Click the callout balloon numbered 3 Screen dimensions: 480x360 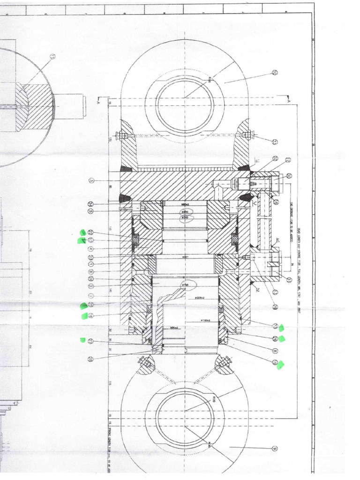pyautogui.click(x=91, y=180)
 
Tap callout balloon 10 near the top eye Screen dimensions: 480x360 pyautogui.click(x=275, y=73)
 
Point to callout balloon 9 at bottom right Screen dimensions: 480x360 pyautogui.click(x=275, y=449)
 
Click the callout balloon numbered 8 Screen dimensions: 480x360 pyautogui.click(x=275, y=350)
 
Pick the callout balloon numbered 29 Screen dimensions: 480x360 pyautogui.click(x=90, y=359)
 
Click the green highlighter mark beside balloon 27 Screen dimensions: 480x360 pyautogui.click(x=82, y=340)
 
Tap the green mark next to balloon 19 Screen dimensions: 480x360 pyautogui.click(x=281, y=365)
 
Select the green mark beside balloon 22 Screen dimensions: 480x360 pyautogui.click(x=82, y=232)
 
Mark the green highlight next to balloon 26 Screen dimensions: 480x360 pyautogui.click(x=282, y=339)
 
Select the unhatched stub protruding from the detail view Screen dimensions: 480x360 pyautogui.click(x=70, y=106)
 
